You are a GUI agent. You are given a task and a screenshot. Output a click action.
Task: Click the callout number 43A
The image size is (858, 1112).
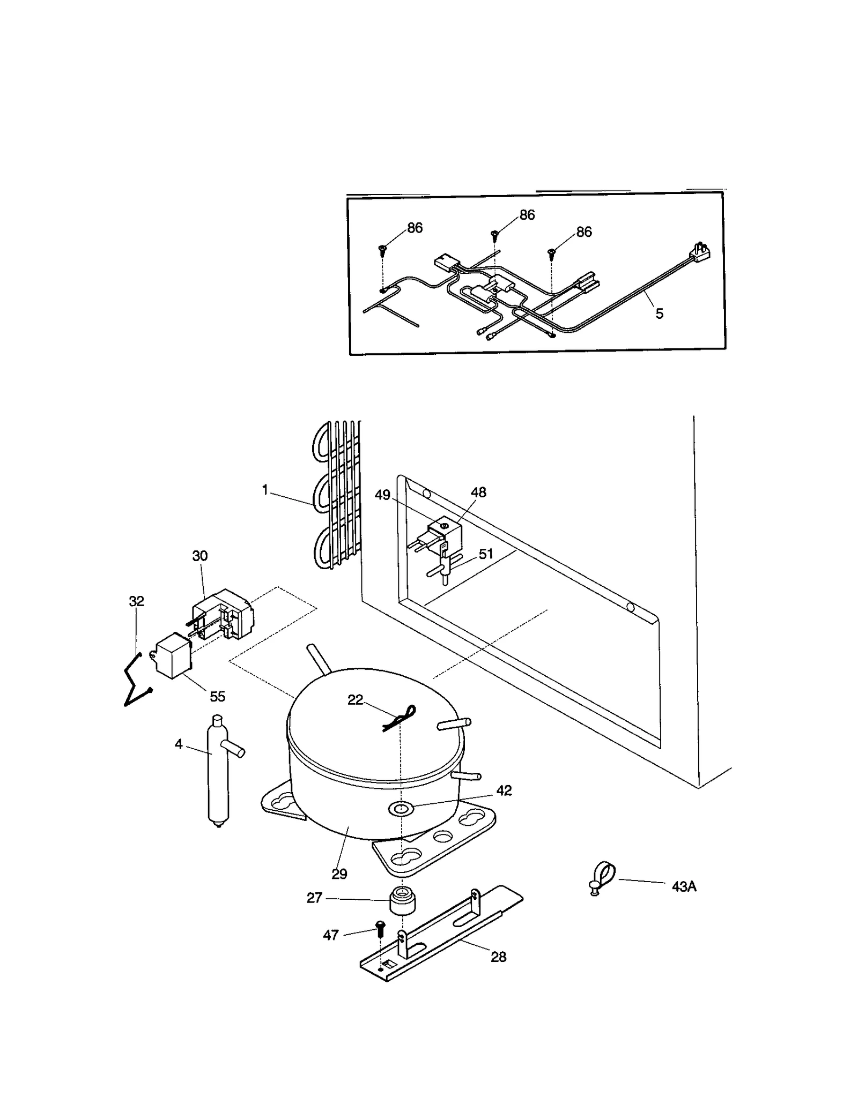[x=684, y=887]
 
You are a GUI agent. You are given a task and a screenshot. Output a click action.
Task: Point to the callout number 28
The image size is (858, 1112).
[x=498, y=957]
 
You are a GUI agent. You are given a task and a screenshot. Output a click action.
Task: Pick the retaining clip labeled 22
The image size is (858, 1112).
[x=400, y=718]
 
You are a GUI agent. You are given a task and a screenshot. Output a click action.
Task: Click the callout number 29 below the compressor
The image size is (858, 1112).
[x=339, y=874]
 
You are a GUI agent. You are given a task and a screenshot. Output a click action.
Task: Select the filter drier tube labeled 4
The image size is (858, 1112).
[x=218, y=772]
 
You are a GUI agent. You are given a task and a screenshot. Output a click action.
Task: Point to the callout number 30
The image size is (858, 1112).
[x=199, y=556]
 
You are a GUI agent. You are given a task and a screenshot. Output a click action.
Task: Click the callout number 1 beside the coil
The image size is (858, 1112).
[x=264, y=490]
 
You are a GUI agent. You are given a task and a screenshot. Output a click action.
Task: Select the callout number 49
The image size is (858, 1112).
[x=382, y=495]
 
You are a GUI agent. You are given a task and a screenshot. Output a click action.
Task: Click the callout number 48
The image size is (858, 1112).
[x=478, y=492]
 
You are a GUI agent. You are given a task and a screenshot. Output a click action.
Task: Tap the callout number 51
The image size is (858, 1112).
[x=486, y=554]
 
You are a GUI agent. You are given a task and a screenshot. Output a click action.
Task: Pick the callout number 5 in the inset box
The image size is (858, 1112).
[x=660, y=314]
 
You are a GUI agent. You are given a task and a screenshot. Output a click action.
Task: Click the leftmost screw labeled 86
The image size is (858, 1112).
[x=383, y=249]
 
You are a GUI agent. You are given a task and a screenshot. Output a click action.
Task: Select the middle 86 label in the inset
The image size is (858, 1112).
[x=527, y=215]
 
